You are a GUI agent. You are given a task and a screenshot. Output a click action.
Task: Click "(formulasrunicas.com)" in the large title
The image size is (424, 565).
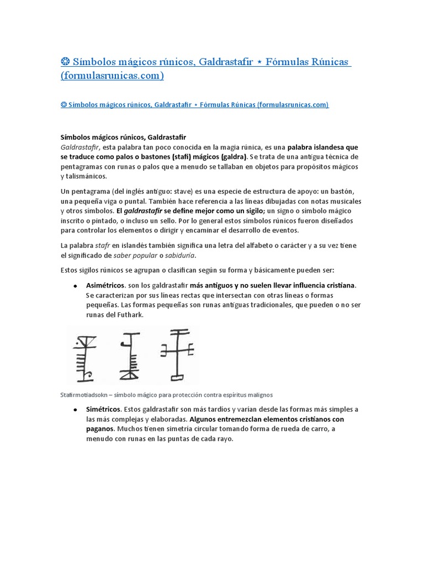click(112, 76)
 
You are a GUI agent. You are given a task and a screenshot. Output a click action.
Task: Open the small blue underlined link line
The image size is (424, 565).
click(194, 104)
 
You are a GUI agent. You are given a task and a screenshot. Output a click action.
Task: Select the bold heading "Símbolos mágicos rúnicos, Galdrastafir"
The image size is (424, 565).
click(122, 136)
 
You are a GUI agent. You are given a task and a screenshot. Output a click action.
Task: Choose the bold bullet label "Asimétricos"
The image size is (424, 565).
click(105, 285)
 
